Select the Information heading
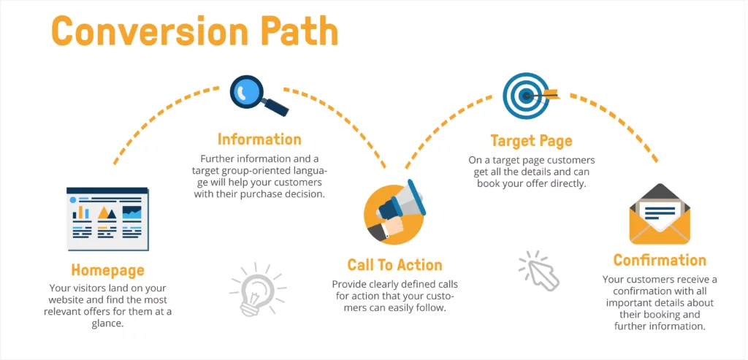pos(259,139)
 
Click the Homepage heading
pos(107,271)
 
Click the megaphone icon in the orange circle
pos(394,212)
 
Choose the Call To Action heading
pos(394,265)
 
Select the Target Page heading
pos(531,140)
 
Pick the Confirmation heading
pos(660,261)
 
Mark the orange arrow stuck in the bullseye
pos(548,93)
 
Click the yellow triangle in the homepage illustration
pos(107,212)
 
